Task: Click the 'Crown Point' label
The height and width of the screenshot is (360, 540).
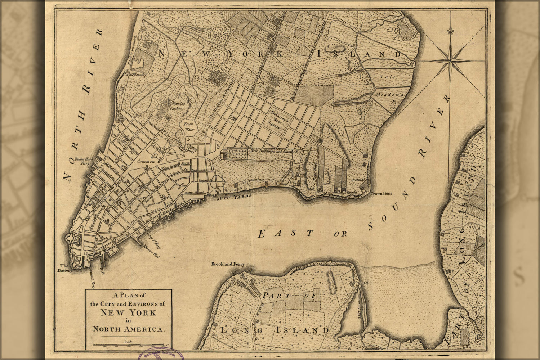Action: click(381, 194)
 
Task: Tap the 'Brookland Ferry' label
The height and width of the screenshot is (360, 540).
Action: click(228, 264)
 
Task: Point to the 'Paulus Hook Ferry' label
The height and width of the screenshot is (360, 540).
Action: click(82, 161)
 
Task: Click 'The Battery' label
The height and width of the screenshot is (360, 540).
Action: click(66, 268)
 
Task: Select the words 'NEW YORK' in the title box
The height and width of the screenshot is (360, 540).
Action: click(128, 312)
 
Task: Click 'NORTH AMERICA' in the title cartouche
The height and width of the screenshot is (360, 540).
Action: click(128, 329)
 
